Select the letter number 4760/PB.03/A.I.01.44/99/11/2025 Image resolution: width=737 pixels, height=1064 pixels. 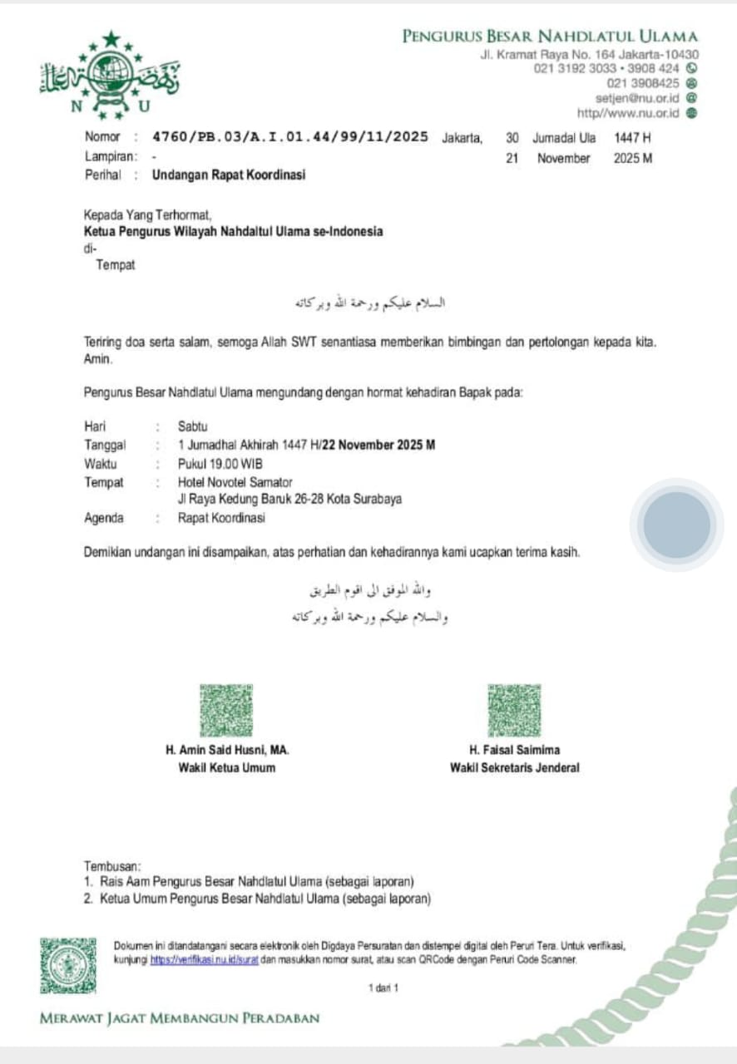coord(290,137)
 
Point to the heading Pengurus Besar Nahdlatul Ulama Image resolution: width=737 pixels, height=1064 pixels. coord(550,36)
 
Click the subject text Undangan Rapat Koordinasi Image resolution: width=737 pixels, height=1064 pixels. coord(229,175)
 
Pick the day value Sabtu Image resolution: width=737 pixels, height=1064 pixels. coord(193,426)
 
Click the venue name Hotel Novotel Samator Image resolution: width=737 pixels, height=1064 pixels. coord(235,482)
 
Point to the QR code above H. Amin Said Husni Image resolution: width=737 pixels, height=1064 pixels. coord(226,711)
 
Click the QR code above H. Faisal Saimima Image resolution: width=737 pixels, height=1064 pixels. coord(514,711)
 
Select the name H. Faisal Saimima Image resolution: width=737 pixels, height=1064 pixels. coord(514,750)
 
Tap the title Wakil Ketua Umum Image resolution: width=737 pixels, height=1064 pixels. coord(226,768)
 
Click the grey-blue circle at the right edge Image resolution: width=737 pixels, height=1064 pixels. coord(677,525)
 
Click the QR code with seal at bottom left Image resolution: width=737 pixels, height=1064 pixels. coord(68,965)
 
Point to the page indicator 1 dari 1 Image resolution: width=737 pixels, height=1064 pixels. coord(383,988)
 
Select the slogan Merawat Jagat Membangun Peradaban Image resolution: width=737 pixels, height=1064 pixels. coord(180,1018)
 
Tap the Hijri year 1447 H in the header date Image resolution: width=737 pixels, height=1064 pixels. coord(632,138)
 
